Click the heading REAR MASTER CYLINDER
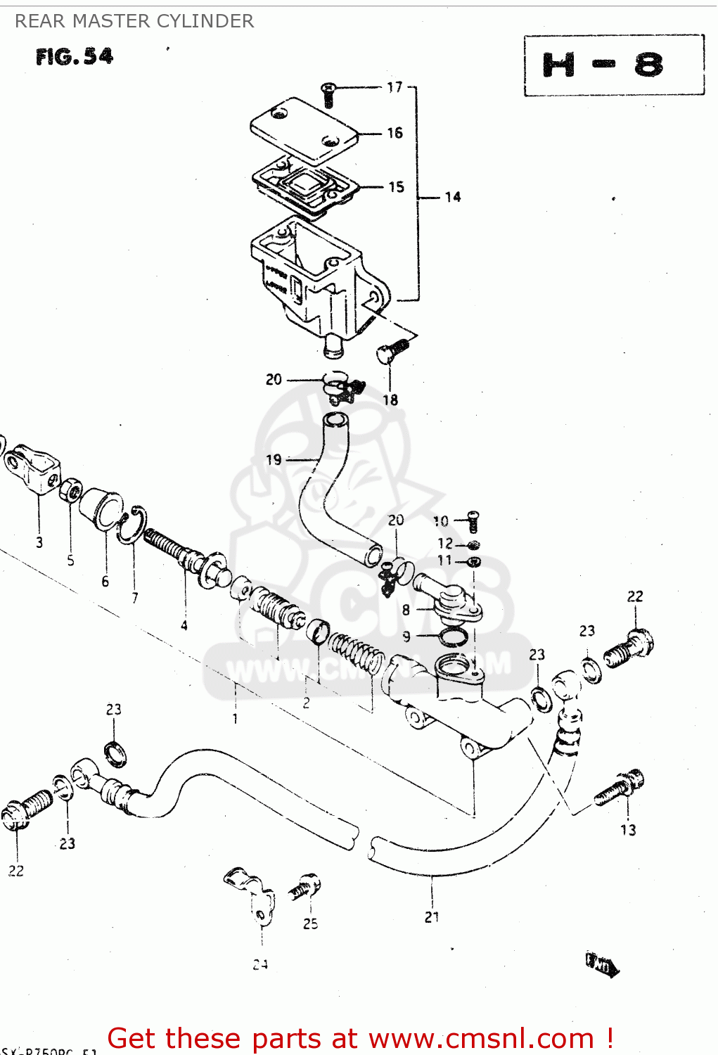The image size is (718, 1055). pos(134,21)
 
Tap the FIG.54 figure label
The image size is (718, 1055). pos(75,56)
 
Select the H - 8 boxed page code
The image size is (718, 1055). pos(613,65)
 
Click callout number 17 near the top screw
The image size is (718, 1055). pos(395,87)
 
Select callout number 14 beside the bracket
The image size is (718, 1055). pos(452,197)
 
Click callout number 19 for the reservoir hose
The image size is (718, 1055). pos(274,460)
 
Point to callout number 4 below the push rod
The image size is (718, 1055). pos(184,625)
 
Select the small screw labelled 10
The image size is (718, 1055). pos(473,521)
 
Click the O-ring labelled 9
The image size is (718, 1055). pos(452,637)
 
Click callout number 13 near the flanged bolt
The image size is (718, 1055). pos(627,830)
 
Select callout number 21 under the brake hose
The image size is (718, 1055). pos(432,917)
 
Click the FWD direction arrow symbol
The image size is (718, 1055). pos(602,964)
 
